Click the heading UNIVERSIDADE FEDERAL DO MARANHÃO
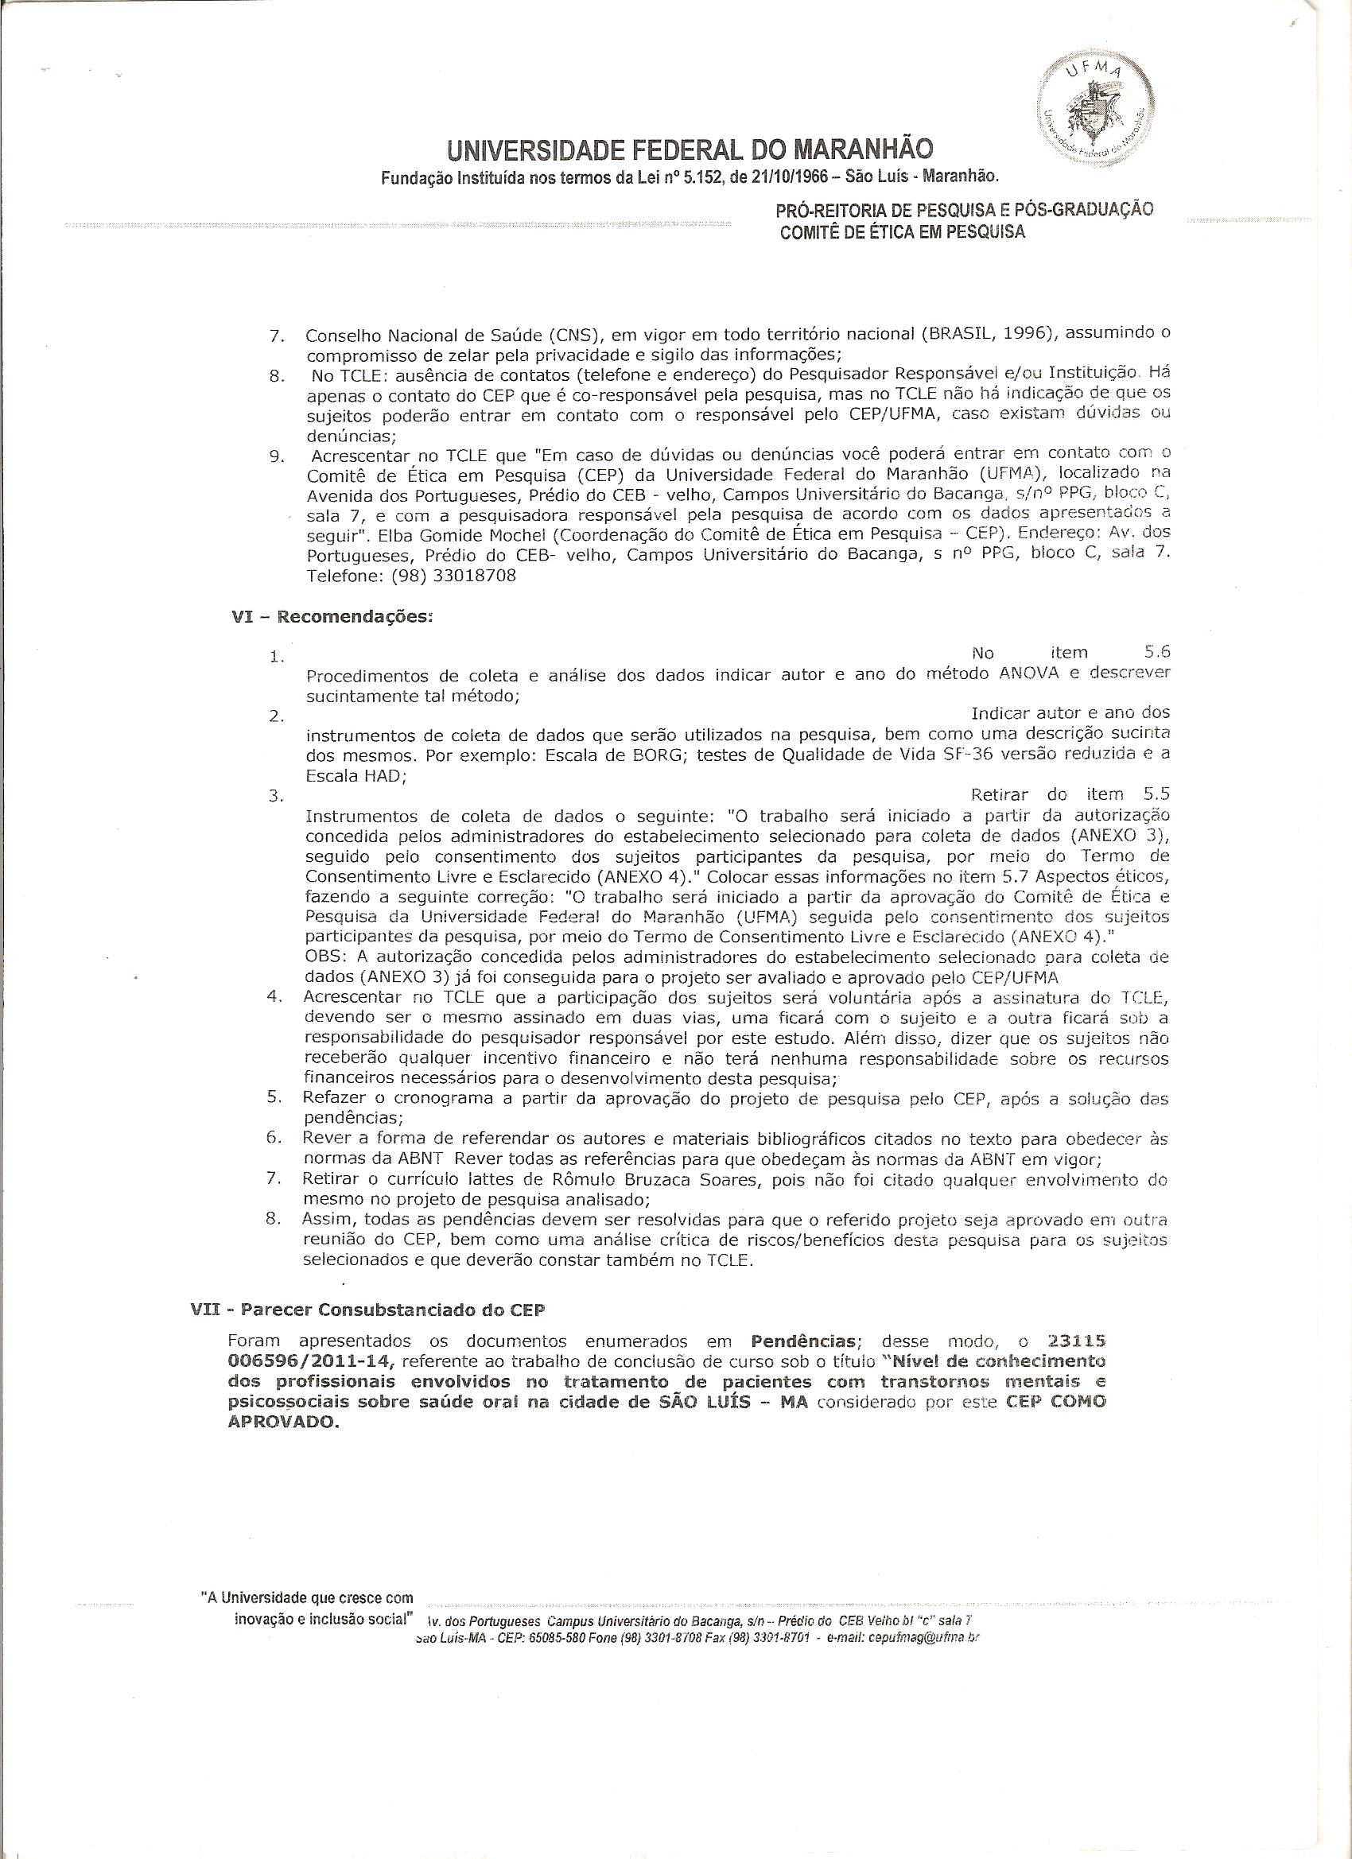[x=690, y=150]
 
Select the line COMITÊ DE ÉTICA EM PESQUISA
[x=902, y=232]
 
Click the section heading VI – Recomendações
[x=332, y=616]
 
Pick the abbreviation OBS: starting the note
[x=325, y=957]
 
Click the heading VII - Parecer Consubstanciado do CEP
[x=367, y=1309]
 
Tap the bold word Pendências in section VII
[x=804, y=1342]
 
